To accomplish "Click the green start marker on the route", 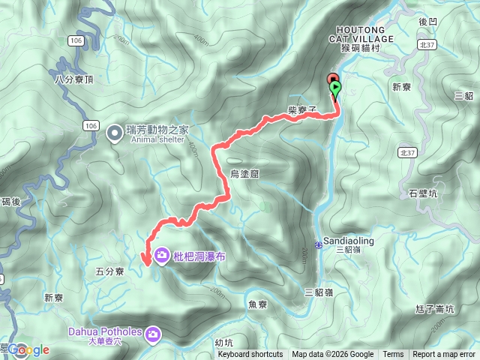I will click(x=335, y=88).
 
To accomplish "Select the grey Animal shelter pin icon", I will click(x=115, y=133).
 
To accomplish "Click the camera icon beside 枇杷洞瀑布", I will click(x=162, y=256).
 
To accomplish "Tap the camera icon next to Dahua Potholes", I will click(x=153, y=333).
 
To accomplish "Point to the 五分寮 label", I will click(x=109, y=272).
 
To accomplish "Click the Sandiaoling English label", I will click(x=352, y=241).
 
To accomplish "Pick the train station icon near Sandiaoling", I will click(x=318, y=244).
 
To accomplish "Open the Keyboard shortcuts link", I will click(x=250, y=355).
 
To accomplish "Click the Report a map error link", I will click(x=444, y=355).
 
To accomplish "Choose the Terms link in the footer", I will click(x=393, y=355).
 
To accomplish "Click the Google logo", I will click(x=28, y=349).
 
